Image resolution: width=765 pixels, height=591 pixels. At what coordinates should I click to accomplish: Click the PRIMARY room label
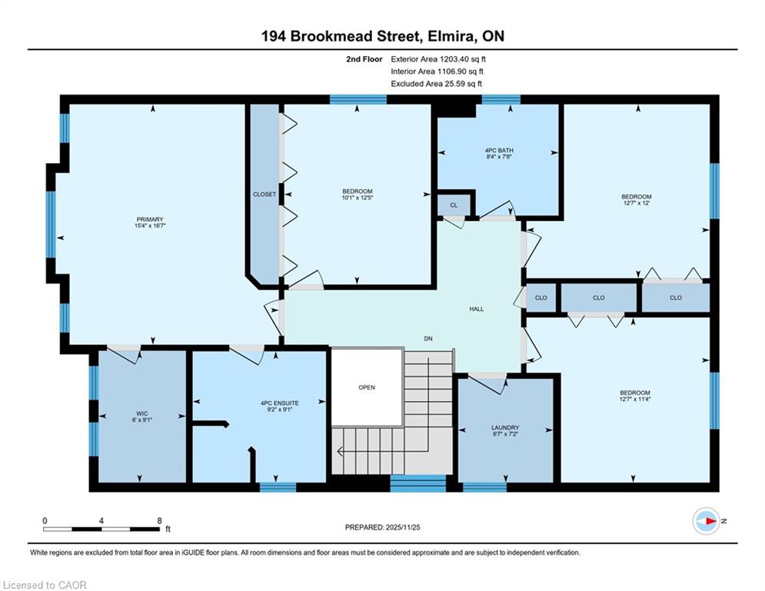coord(150,219)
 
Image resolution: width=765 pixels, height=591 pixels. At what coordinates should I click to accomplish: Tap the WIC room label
coord(142,413)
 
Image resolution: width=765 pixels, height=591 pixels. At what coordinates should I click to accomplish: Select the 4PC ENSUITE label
coord(280,403)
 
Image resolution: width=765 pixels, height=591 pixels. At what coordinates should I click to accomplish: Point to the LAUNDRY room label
coord(505,427)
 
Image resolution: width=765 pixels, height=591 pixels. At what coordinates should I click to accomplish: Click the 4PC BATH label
coord(499,150)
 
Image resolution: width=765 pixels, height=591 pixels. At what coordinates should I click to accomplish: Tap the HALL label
coord(477,309)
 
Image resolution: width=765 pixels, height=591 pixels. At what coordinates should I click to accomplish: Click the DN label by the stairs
coord(428,339)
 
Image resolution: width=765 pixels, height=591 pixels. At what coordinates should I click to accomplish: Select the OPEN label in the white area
coord(367,387)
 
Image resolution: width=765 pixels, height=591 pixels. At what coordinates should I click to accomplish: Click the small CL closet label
coord(454,205)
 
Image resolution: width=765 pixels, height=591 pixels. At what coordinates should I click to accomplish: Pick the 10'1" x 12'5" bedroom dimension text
coord(358,198)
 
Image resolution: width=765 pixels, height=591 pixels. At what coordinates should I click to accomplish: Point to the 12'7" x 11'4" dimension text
coord(635,399)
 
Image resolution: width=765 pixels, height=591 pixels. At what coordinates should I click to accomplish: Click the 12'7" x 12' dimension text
coord(636,202)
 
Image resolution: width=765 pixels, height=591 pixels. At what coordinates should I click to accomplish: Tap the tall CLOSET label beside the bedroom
coord(264,194)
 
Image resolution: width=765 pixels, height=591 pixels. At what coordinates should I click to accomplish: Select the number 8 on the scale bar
coord(160,521)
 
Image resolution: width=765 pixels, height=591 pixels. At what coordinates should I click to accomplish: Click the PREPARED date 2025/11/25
coord(403,527)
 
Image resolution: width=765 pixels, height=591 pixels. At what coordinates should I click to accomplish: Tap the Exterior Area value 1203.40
coord(454,59)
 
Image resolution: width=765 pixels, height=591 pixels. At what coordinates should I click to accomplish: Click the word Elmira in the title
coord(451,36)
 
